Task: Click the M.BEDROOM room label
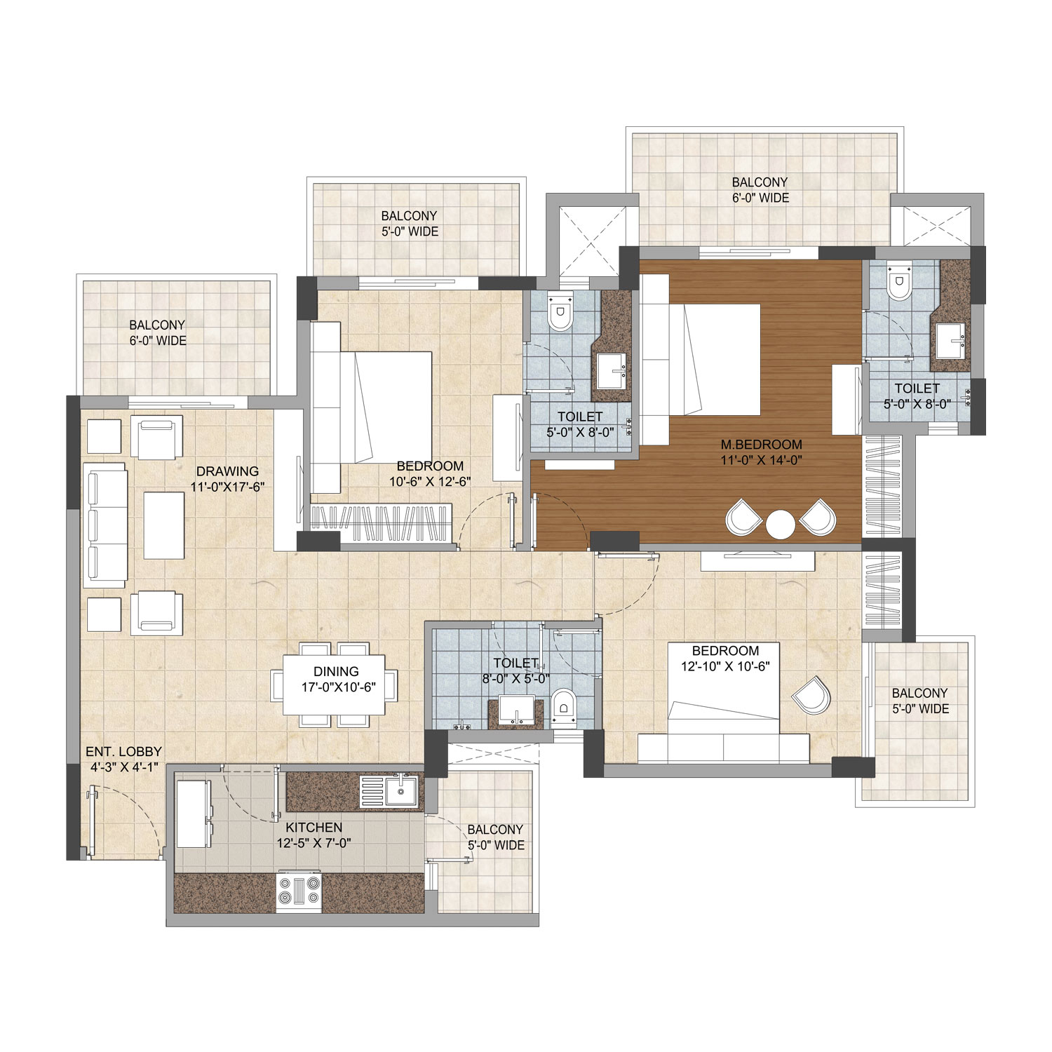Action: tap(761, 444)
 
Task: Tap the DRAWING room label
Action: tap(227, 471)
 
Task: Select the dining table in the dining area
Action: tap(335, 684)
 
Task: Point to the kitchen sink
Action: tap(400, 790)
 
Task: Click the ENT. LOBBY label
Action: tap(124, 751)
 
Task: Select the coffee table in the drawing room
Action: tap(163, 525)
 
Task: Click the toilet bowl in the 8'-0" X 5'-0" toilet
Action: tap(563, 706)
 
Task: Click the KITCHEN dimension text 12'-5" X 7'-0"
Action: tap(313, 843)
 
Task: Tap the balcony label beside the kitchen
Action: tap(496, 837)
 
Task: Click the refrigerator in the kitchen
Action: tap(193, 814)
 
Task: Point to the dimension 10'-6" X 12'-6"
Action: tap(429, 481)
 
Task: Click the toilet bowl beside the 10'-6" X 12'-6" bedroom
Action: tap(560, 314)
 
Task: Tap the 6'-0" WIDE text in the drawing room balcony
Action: tap(157, 341)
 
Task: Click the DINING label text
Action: tap(336, 672)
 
